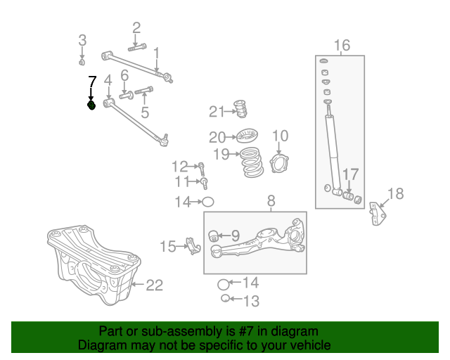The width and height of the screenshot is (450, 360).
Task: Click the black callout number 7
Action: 91,82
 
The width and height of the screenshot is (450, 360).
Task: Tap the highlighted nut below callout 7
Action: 91,105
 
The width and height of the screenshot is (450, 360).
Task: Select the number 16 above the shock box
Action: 341,46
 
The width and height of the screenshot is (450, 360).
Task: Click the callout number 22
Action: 154,285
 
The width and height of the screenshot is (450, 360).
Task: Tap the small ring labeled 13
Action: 224,300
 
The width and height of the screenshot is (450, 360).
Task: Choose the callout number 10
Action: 280,136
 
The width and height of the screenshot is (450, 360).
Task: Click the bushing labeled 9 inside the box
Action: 215,235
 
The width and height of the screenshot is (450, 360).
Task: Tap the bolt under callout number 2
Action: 137,47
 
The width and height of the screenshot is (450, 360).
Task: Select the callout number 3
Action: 82,39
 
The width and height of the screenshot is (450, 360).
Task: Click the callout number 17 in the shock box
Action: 350,174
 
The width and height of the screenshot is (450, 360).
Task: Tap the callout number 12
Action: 180,166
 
